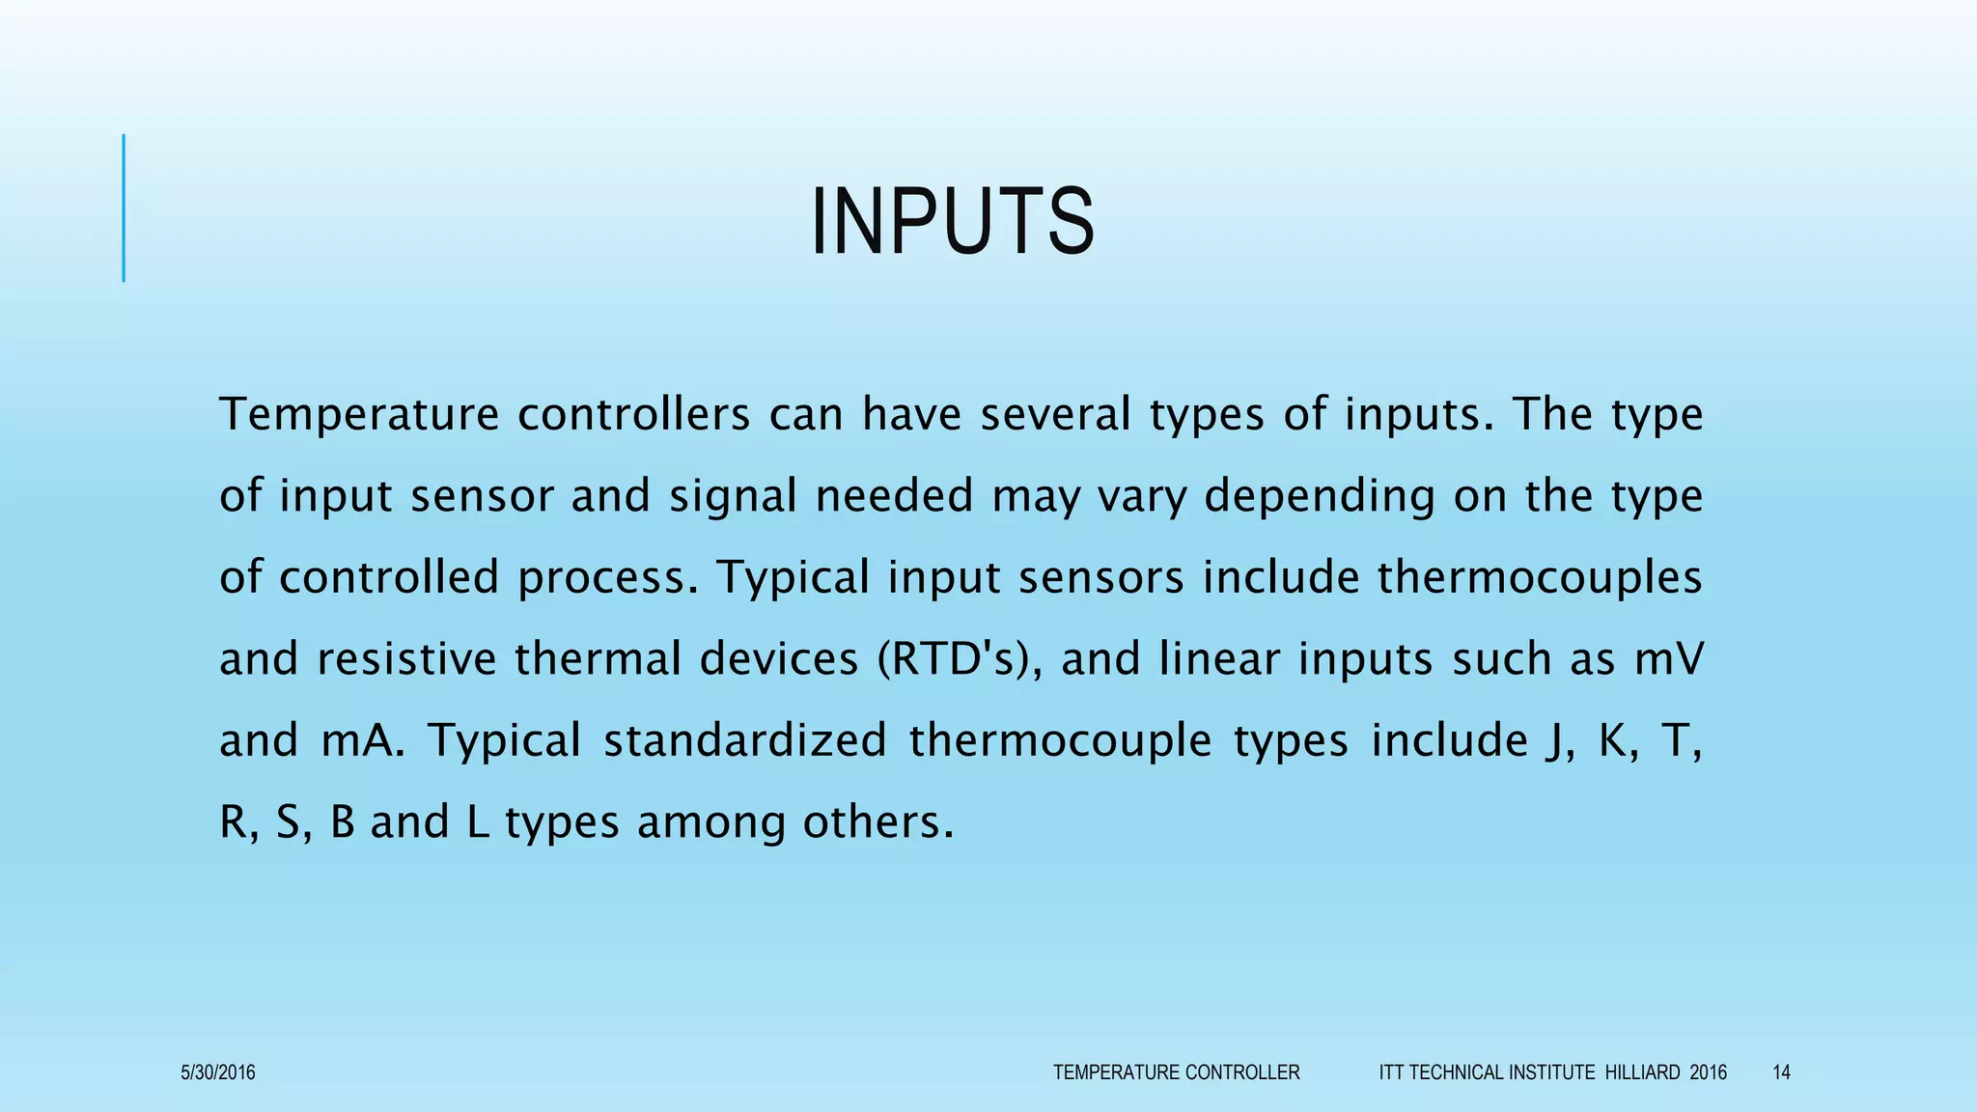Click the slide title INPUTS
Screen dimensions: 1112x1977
coord(952,222)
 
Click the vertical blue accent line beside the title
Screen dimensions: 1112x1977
coord(124,208)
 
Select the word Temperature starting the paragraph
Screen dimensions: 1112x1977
coord(358,414)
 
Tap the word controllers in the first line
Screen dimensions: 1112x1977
coord(633,414)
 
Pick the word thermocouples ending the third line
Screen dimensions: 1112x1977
coord(1539,577)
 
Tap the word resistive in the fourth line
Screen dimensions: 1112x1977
coord(405,659)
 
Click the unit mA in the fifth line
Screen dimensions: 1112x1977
coord(362,741)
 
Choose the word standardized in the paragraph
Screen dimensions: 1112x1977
coord(744,741)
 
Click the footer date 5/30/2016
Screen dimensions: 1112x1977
coord(218,1072)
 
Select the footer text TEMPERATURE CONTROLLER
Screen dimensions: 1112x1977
coord(1176,1072)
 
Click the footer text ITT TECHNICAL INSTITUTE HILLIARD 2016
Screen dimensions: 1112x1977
coord(1552,1072)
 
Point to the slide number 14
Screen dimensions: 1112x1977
coord(1781,1072)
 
